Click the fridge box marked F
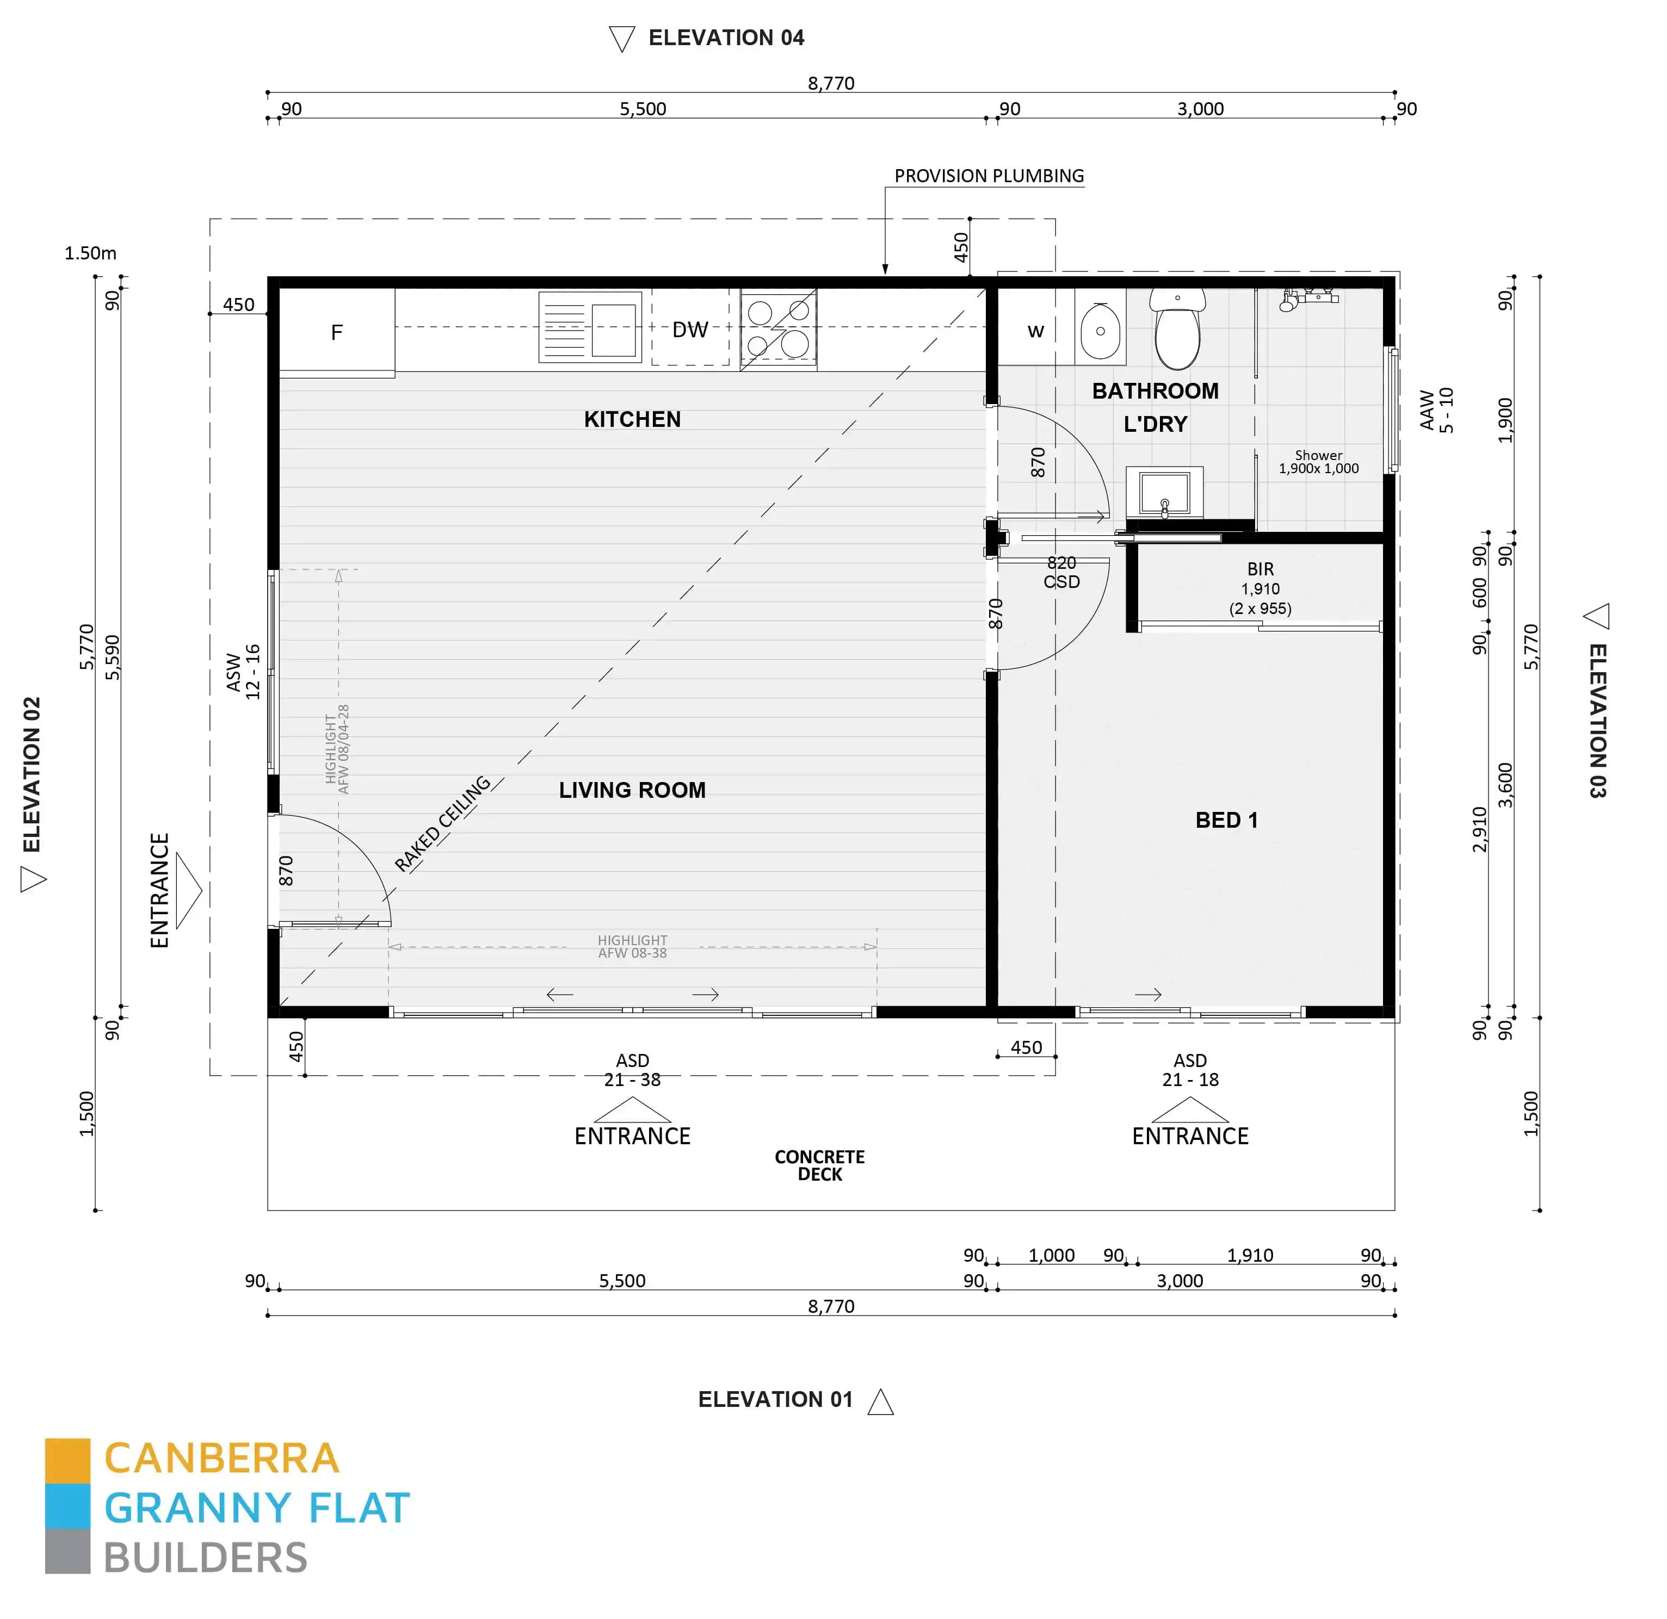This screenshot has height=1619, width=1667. point(337,332)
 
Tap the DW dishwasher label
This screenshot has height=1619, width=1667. point(690,330)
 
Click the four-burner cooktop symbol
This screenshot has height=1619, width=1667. point(778,328)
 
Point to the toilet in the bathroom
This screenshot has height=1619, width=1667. point(1177,332)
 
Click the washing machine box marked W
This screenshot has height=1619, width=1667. point(1035,331)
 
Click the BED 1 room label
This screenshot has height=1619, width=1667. point(1226,820)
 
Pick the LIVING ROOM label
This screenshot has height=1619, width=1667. point(632,790)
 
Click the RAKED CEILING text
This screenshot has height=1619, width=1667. point(442,823)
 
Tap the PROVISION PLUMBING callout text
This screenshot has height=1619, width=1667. point(989,176)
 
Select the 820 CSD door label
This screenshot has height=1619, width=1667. point(1061,572)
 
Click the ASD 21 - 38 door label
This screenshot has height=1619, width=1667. point(632,1070)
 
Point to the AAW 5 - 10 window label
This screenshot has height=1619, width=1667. point(1436,410)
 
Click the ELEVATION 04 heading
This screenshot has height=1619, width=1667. point(725,38)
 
